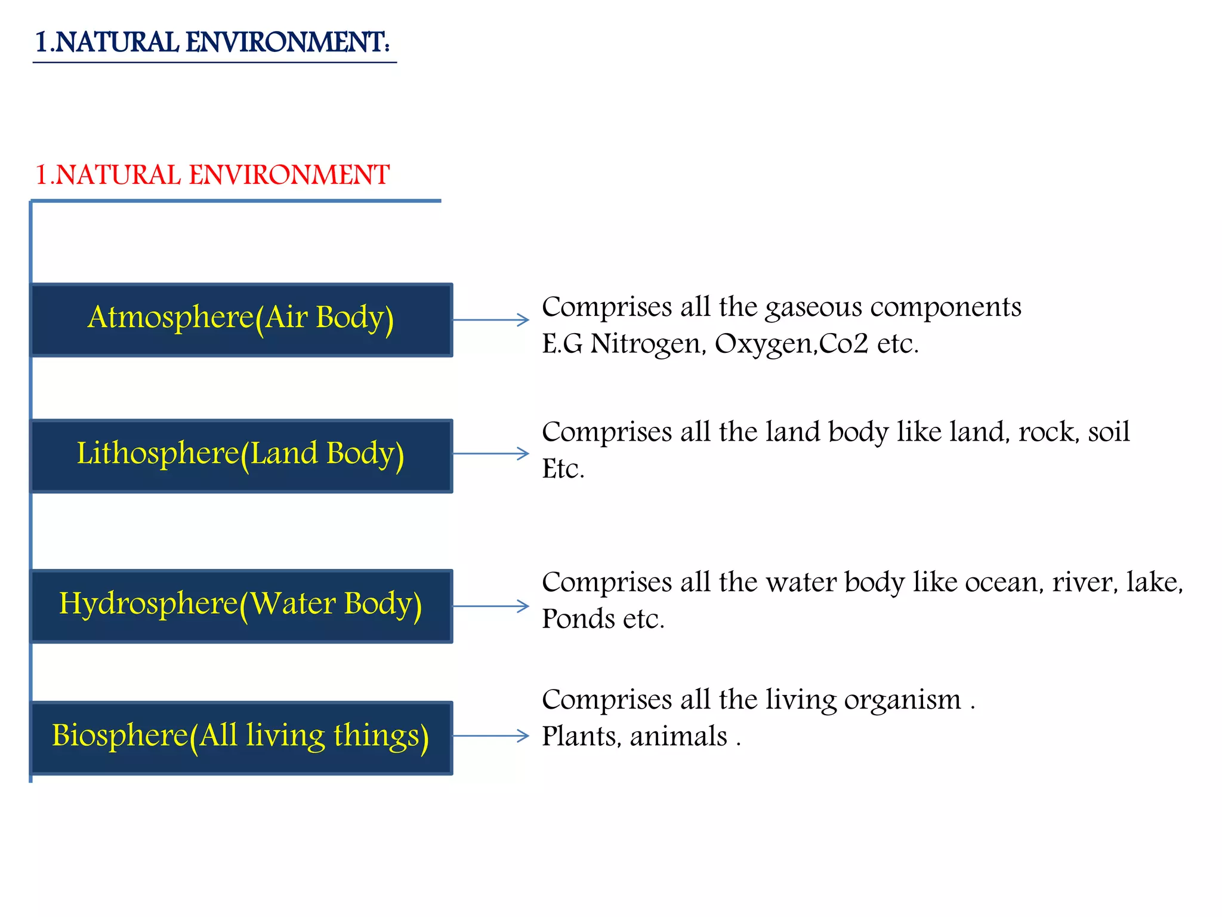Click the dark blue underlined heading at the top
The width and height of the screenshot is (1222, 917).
tap(212, 43)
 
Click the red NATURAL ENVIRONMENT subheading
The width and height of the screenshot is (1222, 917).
tap(212, 176)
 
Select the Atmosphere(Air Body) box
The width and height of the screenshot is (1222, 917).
tap(241, 319)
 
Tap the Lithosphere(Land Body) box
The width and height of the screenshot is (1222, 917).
tap(241, 456)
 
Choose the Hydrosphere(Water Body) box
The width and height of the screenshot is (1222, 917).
tap(241, 605)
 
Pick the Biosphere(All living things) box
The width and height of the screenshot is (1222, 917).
tap(241, 737)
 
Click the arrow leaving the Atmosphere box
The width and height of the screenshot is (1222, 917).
tap(491, 320)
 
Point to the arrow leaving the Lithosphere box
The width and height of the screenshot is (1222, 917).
tap(491, 454)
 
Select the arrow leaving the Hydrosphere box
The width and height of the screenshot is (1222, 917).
tap(491, 607)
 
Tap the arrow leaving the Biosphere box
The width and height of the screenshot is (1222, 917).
tap(491, 736)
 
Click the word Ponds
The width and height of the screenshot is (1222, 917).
tap(578, 619)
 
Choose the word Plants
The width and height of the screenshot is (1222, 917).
tap(581, 737)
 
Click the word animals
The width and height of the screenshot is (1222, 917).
tap(678, 737)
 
